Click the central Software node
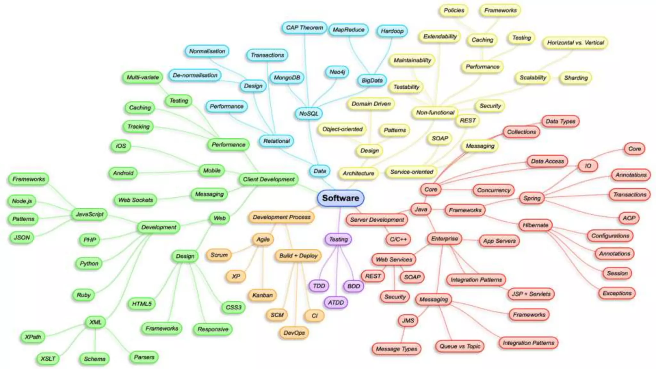[x=340, y=198]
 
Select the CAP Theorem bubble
[x=304, y=28]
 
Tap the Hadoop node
[x=392, y=31]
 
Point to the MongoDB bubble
[x=287, y=78]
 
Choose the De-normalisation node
[x=195, y=75]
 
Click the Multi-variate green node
[x=143, y=77]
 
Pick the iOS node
[x=121, y=146]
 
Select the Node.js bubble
[x=22, y=201]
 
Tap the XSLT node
[x=48, y=359]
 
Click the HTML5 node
[x=142, y=304]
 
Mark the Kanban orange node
[x=262, y=295]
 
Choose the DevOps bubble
[x=294, y=333]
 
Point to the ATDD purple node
[x=336, y=303]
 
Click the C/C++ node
[x=398, y=239]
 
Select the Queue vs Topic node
[x=460, y=346]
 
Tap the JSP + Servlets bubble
[x=531, y=294]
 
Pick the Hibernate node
[x=535, y=225]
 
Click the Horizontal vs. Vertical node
[x=575, y=43]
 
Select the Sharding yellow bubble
[x=576, y=78]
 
